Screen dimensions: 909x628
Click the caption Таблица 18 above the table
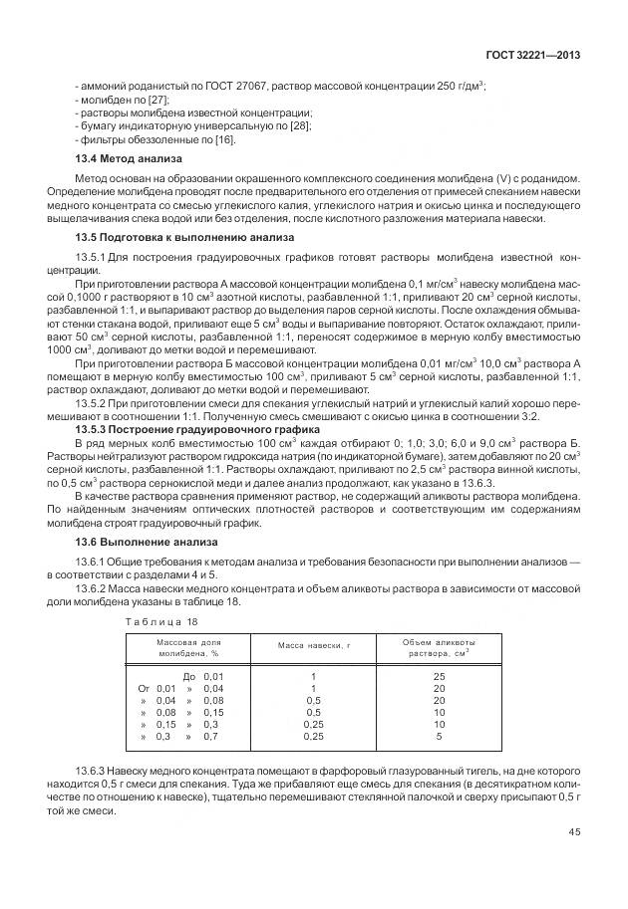click(x=161, y=621)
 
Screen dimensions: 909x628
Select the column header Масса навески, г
click(x=315, y=647)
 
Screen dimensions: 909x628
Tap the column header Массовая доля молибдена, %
click(x=187, y=647)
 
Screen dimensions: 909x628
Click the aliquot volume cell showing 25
click(x=439, y=676)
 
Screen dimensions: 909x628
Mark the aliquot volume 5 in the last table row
click(x=439, y=736)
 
